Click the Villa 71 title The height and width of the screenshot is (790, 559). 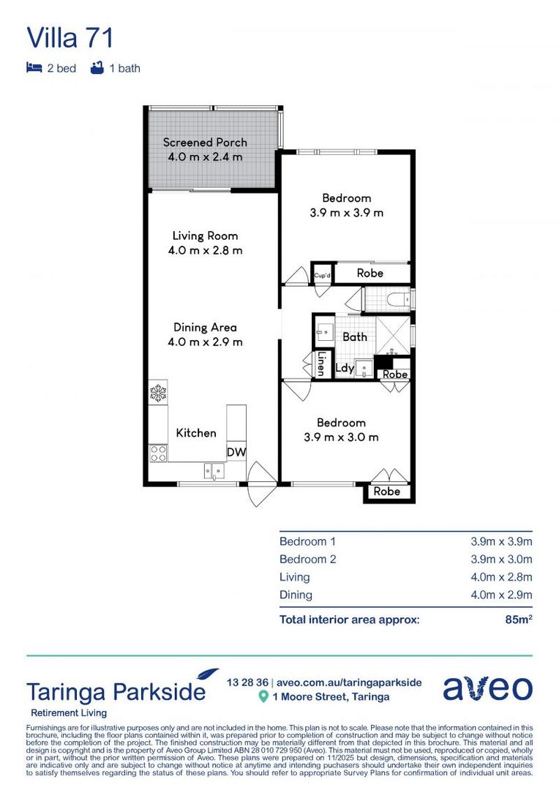70,37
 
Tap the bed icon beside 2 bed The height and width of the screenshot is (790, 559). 34,68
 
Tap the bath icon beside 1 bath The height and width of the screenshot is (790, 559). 96,68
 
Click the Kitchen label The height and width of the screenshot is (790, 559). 196,433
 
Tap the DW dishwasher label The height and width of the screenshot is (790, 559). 236,453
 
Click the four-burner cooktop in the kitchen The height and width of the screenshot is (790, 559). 158,453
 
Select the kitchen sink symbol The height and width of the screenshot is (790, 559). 214,470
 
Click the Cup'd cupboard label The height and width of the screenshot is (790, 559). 322,275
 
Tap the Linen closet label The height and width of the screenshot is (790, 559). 320,364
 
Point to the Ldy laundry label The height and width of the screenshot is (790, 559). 344,369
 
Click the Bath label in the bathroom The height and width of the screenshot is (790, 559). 355,337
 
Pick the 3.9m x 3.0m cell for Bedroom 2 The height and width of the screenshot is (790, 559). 500,560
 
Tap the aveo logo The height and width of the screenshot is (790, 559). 487,688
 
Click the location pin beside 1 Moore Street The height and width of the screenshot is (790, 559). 263,697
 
